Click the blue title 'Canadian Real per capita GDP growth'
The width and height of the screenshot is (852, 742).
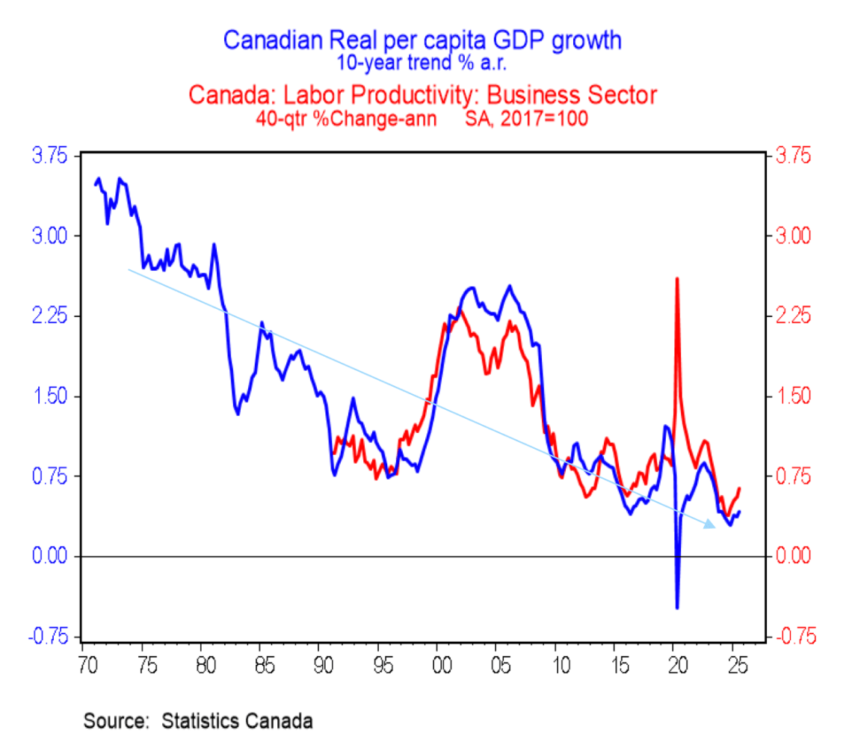pyautogui.click(x=422, y=40)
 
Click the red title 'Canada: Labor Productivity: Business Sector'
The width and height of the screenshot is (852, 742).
pyautogui.click(x=422, y=96)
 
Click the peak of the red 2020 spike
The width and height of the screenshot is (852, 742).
pyautogui.click(x=676, y=278)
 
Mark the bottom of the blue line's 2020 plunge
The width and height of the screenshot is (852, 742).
pyautogui.click(x=677, y=607)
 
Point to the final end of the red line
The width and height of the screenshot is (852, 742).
pyautogui.click(x=739, y=488)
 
